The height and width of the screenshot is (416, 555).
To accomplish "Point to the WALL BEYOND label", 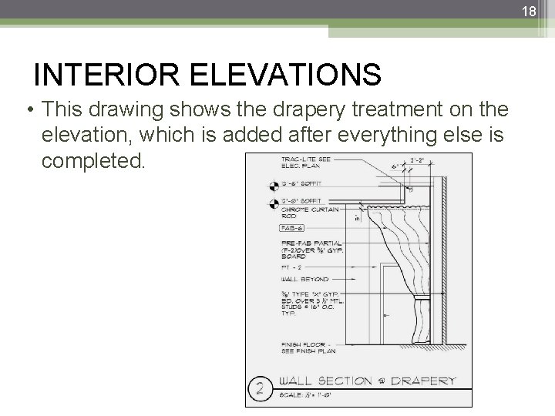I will (x=304, y=278).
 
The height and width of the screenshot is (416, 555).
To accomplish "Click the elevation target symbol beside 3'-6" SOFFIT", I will (x=273, y=186).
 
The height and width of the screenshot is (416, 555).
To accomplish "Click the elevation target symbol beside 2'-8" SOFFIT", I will (x=273, y=203).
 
